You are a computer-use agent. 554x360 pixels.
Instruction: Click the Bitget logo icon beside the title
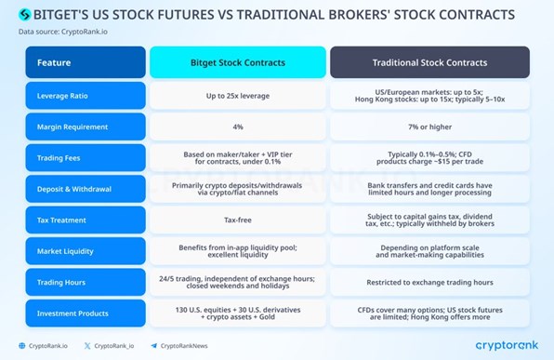pyautogui.click(x=24, y=15)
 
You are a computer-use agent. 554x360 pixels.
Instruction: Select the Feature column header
pyautogui.click(x=86, y=62)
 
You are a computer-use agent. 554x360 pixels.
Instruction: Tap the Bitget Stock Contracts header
pyautogui.click(x=238, y=62)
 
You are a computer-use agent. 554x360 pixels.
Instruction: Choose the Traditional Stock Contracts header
pyautogui.click(x=429, y=62)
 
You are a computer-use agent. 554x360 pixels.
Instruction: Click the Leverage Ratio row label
pyautogui.click(x=86, y=96)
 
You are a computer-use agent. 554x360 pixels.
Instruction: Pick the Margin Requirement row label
pyautogui.click(x=86, y=127)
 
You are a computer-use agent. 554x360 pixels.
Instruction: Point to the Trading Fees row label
pyautogui.click(x=86, y=158)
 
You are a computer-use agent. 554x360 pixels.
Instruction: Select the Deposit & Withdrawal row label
pyautogui.click(x=86, y=189)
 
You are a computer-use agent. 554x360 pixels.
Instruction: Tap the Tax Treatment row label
pyautogui.click(x=86, y=220)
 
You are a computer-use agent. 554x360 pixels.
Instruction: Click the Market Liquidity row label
pyautogui.click(x=86, y=251)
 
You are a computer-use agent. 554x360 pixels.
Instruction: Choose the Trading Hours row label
pyautogui.click(x=86, y=283)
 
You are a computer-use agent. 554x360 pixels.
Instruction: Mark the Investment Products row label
pyautogui.click(x=86, y=313)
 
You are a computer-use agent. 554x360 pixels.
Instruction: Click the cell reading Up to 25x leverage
pyautogui.click(x=238, y=96)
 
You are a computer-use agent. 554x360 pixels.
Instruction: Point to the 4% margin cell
pyautogui.click(x=238, y=127)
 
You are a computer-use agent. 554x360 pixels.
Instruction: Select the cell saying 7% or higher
pyautogui.click(x=429, y=127)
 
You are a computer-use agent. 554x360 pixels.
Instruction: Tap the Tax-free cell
pyautogui.click(x=238, y=220)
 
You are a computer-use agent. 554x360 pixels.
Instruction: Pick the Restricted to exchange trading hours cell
pyautogui.click(x=429, y=283)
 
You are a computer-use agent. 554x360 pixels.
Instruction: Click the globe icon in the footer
pyautogui.click(x=22, y=346)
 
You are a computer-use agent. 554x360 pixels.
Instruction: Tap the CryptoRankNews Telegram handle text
pyautogui.click(x=184, y=346)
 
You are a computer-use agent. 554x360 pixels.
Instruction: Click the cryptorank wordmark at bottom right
pyautogui.click(x=507, y=345)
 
